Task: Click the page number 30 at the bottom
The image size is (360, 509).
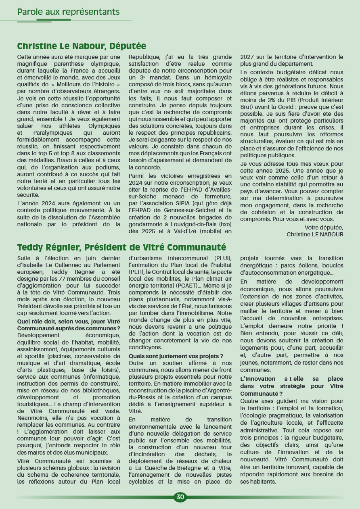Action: click(180, 497)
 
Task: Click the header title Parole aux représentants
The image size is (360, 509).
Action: click(68, 12)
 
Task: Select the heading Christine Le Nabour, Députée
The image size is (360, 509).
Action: click(82, 46)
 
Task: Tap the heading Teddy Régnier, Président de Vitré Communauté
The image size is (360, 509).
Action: click(121, 247)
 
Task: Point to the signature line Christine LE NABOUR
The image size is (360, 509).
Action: click(315, 234)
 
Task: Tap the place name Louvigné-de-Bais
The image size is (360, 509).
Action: click(190, 224)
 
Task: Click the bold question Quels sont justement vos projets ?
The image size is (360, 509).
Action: click(176, 356)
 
